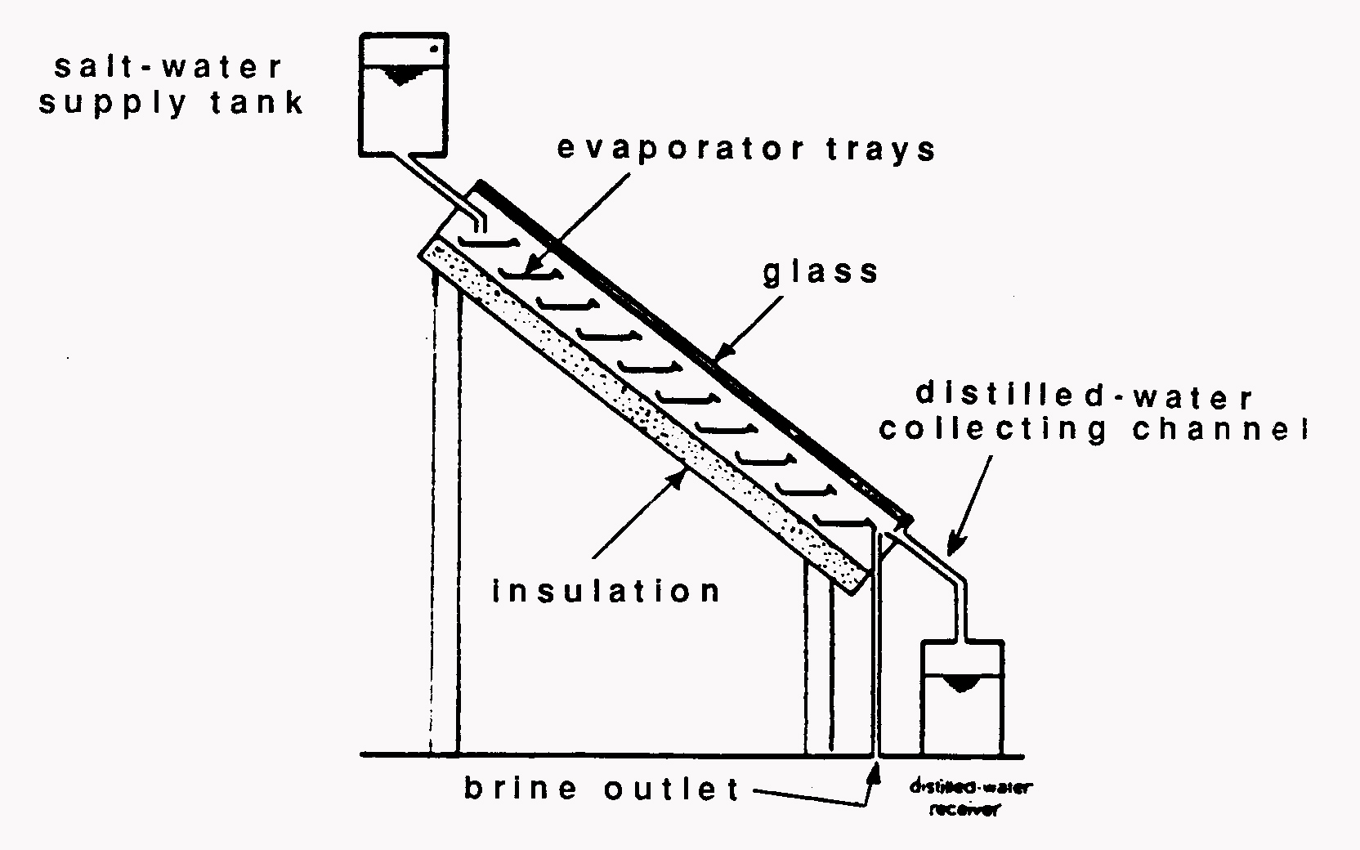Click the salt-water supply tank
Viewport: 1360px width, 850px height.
[404, 94]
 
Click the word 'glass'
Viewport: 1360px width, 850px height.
[821, 272]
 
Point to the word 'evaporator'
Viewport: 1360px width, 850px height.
[687, 150]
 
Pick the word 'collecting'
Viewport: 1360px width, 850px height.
[993, 430]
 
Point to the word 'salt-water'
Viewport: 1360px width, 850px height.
[168, 67]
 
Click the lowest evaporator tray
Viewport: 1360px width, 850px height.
[842, 521]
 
